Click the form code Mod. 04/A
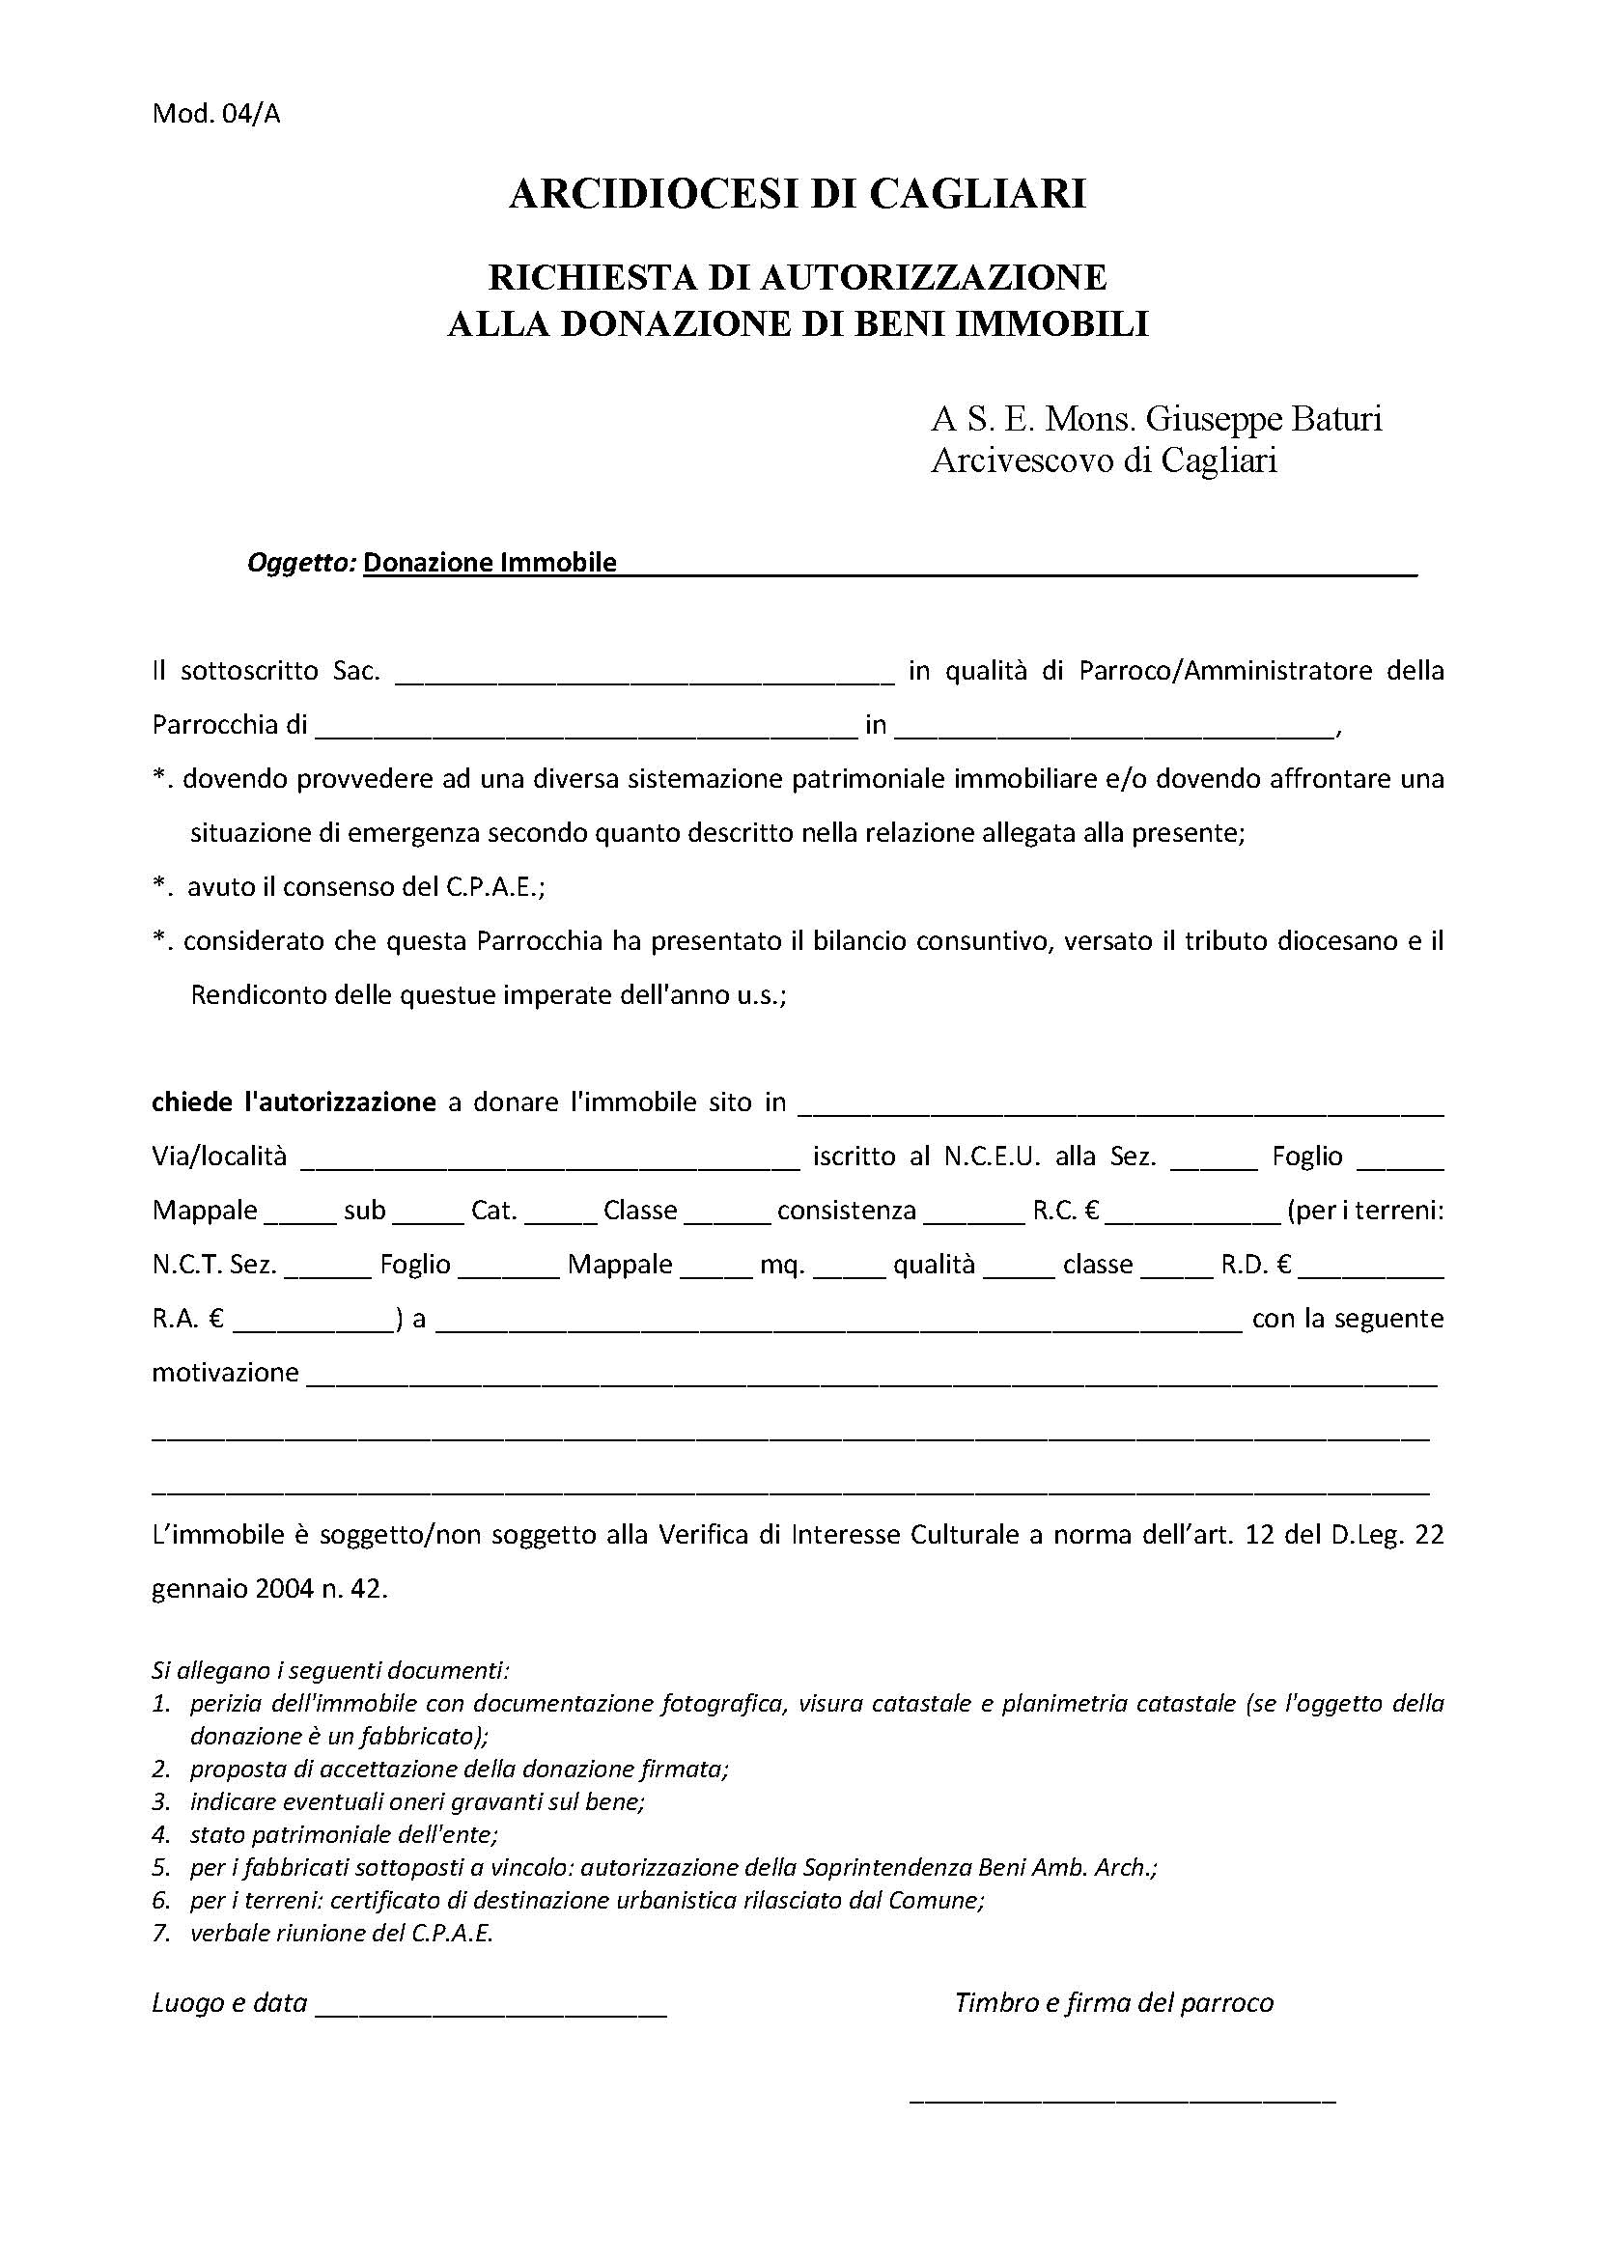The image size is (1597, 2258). pyautogui.click(x=216, y=114)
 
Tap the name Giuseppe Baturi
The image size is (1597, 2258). pyautogui.click(x=1265, y=419)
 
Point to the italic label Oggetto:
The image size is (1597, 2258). pyautogui.click(x=301, y=563)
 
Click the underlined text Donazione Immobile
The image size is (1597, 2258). pyautogui.click(x=490, y=563)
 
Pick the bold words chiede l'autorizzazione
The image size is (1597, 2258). pyautogui.click(x=294, y=1102)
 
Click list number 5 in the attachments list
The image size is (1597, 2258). pyautogui.click(x=162, y=1867)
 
